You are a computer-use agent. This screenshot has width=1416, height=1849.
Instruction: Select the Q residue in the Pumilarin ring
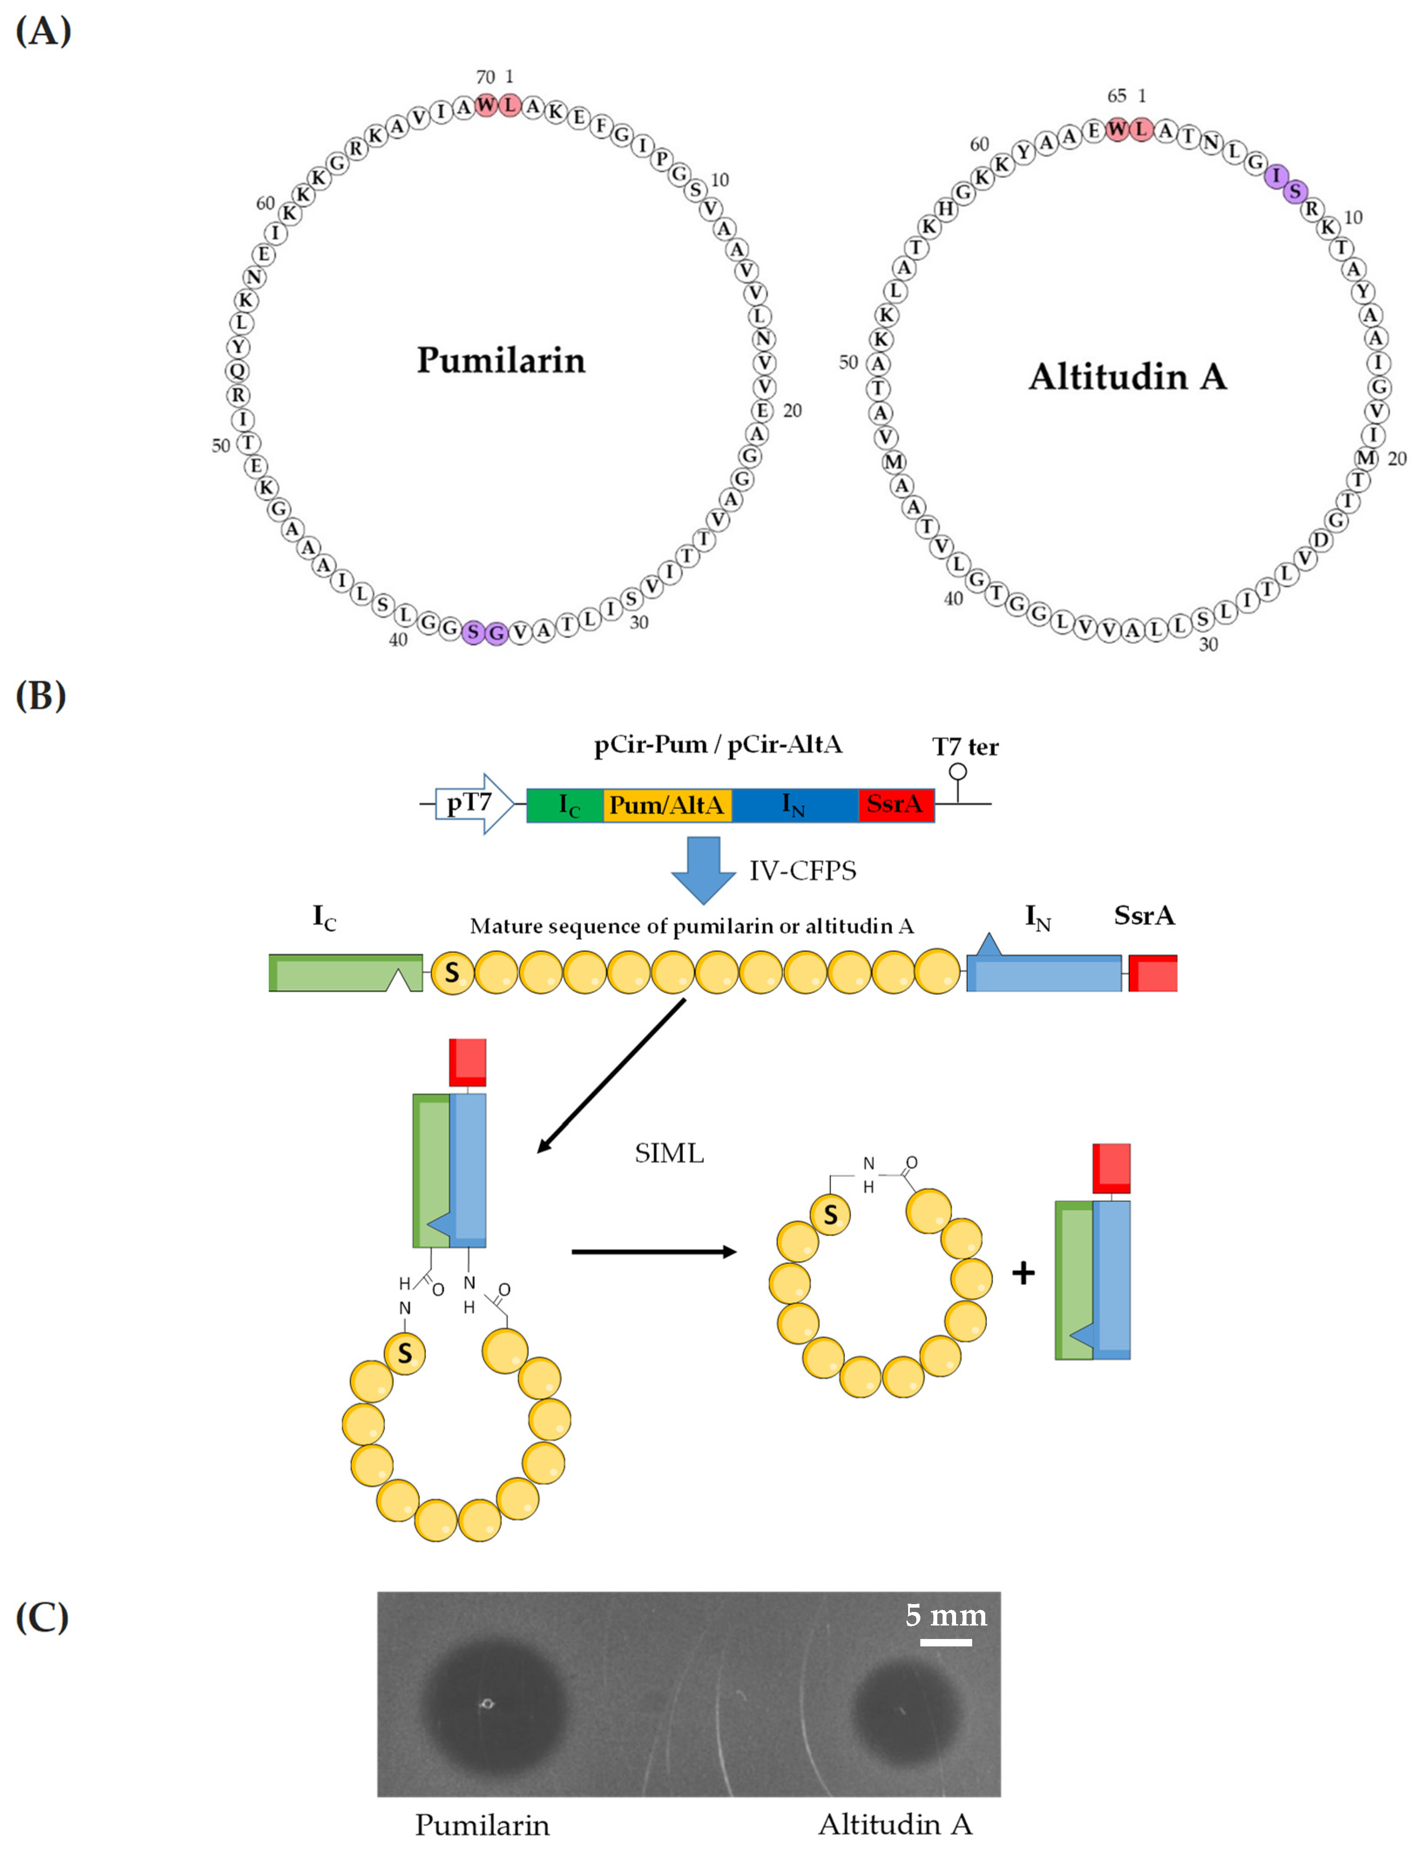[x=238, y=370]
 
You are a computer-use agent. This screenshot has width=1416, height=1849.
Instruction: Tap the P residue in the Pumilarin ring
[x=662, y=159]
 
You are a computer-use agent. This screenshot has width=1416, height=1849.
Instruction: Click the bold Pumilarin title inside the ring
[x=500, y=360]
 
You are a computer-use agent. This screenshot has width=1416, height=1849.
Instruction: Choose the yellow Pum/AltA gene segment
[x=667, y=805]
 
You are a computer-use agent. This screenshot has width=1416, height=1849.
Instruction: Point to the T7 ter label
[x=965, y=747]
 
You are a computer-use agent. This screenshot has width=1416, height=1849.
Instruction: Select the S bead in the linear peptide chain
[x=452, y=973]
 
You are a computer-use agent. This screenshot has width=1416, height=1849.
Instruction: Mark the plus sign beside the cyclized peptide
[x=1023, y=1272]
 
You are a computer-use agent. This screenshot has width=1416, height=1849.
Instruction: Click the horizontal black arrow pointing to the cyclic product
[x=653, y=1252]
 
